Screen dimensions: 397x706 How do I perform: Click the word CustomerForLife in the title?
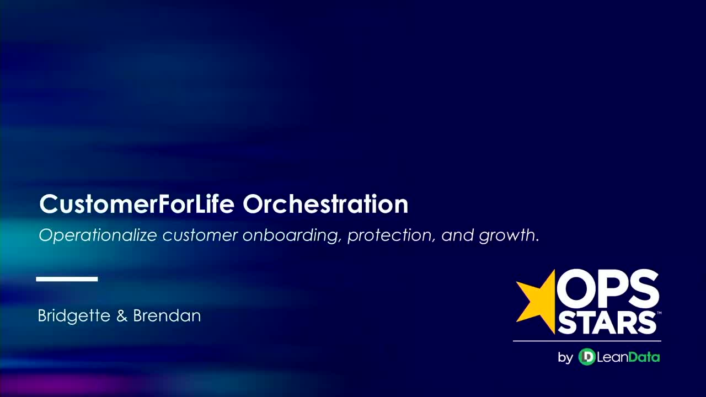[x=138, y=205]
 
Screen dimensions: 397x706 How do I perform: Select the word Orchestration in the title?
[x=325, y=205]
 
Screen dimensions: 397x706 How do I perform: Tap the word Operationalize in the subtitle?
[x=98, y=236]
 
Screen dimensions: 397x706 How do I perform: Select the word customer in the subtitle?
[x=200, y=236]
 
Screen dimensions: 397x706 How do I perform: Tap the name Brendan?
[x=167, y=316]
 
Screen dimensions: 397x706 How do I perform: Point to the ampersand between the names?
[x=122, y=316]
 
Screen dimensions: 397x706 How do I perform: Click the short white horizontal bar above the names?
[x=67, y=279]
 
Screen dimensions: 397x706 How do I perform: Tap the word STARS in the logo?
[x=607, y=323]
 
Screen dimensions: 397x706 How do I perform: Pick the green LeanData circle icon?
[x=586, y=357]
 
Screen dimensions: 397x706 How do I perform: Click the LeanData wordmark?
[x=628, y=357]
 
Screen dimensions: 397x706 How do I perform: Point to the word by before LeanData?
[x=565, y=358]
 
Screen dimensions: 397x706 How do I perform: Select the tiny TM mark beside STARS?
[x=659, y=313]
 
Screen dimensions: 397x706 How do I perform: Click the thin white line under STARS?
[x=587, y=341]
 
